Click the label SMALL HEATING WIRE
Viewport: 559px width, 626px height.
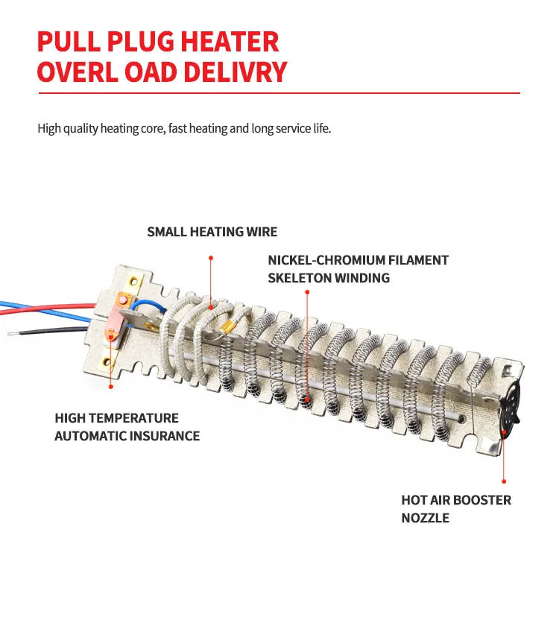tap(212, 232)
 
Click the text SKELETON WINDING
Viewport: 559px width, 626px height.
tap(329, 278)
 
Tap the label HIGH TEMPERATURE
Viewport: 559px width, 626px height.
tap(116, 418)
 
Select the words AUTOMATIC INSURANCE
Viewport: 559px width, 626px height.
tap(127, 436)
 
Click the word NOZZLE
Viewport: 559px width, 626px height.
tap(426, 517)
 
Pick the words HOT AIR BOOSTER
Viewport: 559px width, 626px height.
tap(456, 499)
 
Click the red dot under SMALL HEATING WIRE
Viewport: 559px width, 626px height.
tap(211, 258)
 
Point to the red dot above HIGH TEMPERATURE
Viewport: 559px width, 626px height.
tap(111, 386)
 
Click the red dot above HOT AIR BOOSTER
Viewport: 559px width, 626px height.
tap(505, 482)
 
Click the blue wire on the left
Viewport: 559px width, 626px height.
tap(45, 303)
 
